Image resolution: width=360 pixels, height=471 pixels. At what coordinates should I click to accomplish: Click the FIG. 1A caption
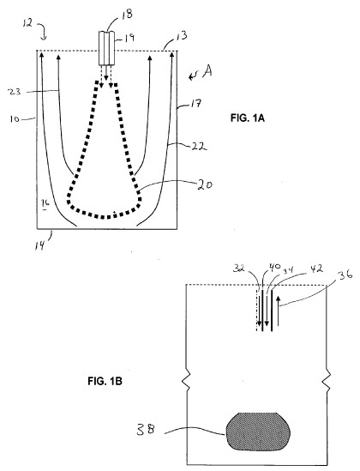coord(247,118)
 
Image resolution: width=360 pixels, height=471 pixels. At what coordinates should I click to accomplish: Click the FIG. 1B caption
coord(105,382)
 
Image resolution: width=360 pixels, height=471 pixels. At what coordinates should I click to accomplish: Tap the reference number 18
coord(127,14)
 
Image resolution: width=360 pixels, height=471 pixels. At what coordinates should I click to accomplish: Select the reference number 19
coord(129,38)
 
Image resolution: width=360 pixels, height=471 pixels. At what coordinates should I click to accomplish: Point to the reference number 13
coord(181,36)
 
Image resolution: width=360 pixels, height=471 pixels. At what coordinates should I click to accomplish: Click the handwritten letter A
coord(207,71)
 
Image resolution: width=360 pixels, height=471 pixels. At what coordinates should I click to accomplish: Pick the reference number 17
coord(195,104)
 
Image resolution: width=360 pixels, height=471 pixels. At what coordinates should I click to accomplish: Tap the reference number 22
coord(199,147)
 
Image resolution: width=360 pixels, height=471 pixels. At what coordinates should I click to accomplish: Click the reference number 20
coord(204,184)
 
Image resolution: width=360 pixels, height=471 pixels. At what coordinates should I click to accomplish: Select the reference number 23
coord(15,92)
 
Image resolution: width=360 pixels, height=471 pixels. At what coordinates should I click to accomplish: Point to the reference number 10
coord(15,119)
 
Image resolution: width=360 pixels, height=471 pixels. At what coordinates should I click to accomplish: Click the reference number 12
coord(27,23)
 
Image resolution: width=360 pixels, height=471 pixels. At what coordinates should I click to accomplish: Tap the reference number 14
coord(40,245)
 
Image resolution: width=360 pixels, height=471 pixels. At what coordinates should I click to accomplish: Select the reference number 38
coord(146,430)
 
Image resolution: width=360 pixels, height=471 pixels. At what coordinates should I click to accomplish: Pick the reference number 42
coord(315,269)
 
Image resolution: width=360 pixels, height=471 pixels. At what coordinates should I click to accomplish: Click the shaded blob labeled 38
coord(258,432)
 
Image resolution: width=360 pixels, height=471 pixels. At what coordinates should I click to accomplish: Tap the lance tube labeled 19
coord(107,48)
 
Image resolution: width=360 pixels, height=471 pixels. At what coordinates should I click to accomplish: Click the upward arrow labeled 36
coord(278,311)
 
